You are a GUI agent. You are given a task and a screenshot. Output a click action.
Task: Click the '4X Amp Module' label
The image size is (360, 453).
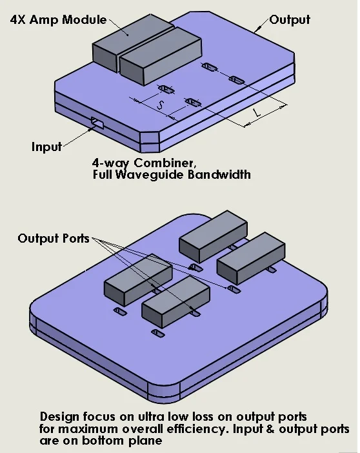click(x=58, y=19)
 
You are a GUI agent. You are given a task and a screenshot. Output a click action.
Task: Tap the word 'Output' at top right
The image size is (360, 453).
click(x=290, y=19)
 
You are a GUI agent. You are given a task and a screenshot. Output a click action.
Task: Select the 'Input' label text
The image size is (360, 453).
click(x=46, y=146)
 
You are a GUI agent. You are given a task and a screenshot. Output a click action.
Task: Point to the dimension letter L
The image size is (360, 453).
click(x=257, y=113)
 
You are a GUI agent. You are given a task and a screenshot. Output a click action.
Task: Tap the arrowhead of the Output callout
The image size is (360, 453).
click(x=256, y=31)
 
